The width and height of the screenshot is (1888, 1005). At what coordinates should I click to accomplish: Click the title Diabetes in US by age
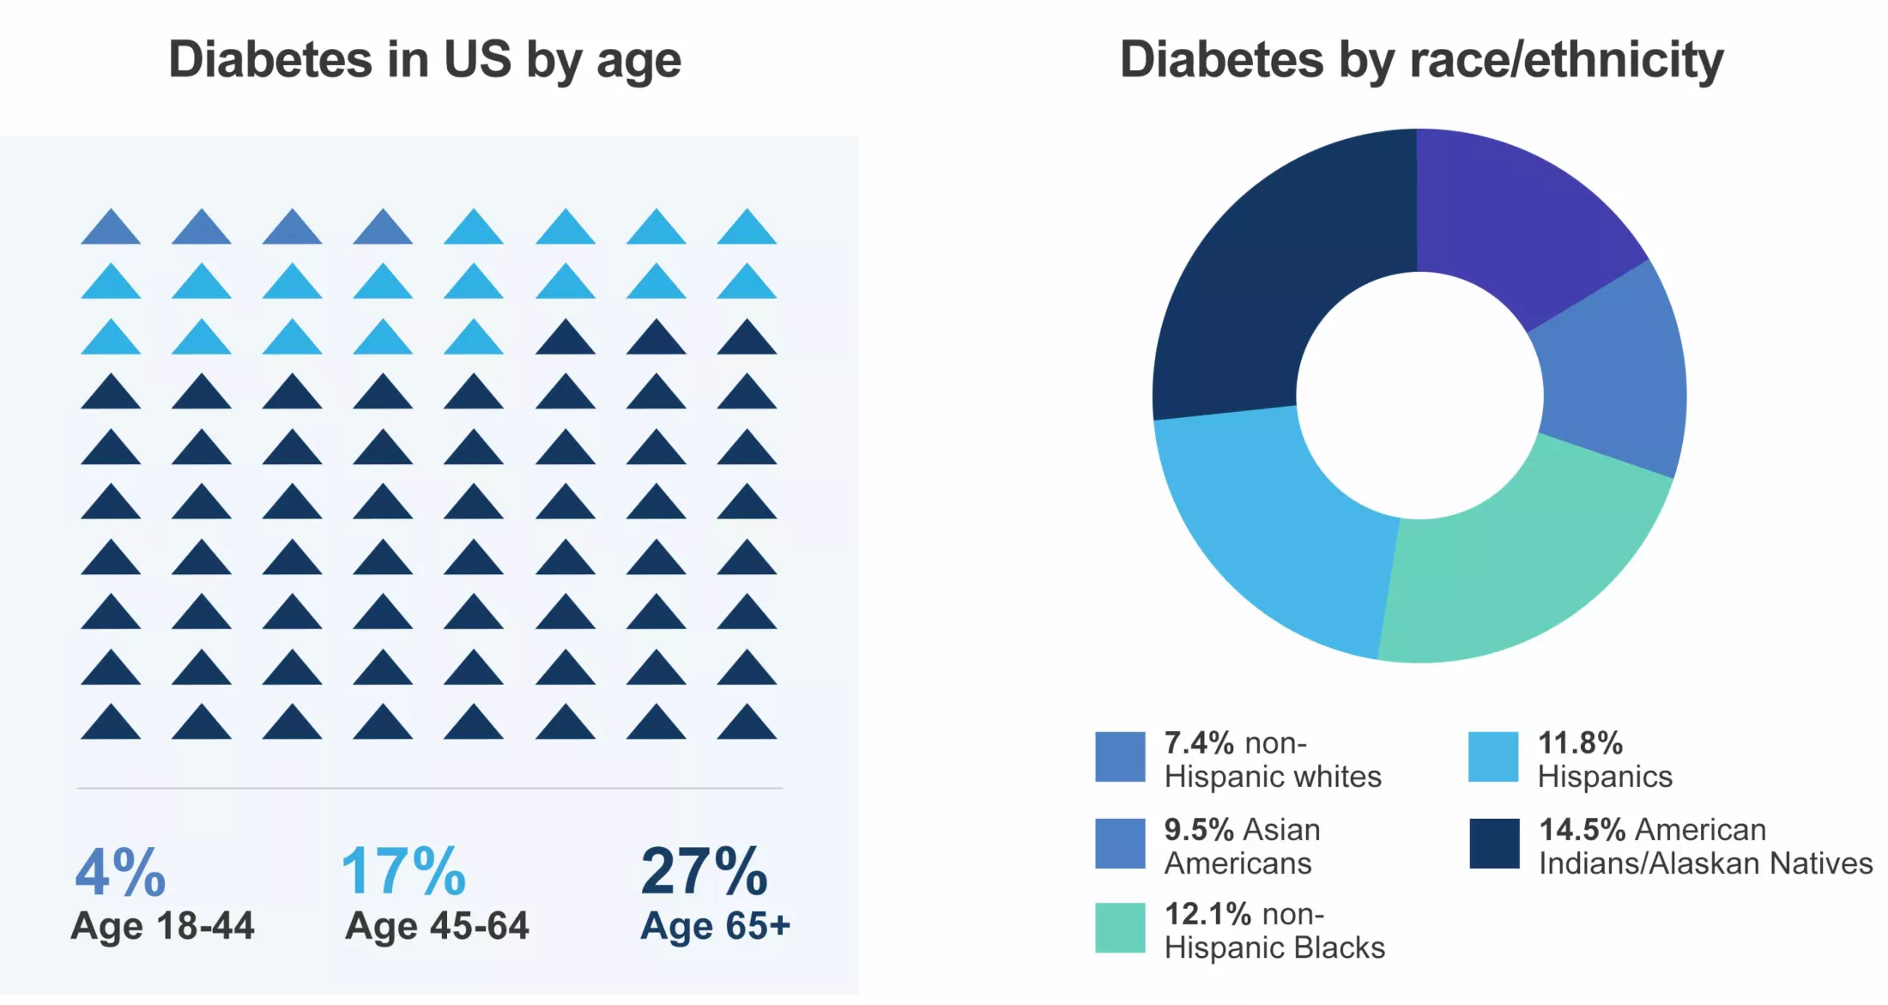pyautogui.click(x=425, y=60)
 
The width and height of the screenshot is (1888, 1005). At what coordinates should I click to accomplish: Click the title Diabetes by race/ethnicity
pyautogui.click(x=1421, y=60)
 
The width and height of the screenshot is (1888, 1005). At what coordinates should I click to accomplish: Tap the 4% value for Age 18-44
pyautogui.click(x=120, y=871)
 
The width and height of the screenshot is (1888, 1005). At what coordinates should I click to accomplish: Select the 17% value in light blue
pyautogui.click(x=403, y=871)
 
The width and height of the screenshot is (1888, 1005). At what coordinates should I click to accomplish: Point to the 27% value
pyautogui.click(x=704, y=871)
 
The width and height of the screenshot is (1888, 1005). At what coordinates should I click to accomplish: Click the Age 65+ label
pyautogui.click(x=715, y=926)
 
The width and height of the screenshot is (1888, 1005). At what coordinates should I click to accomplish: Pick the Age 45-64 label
pyautogui.click(x=437, y=926)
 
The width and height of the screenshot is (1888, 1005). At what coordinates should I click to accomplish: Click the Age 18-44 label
pyautogui.click(x=162, y=926)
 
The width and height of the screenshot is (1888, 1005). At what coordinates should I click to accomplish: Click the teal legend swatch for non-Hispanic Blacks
pyautogui.click(x=1120, y=928)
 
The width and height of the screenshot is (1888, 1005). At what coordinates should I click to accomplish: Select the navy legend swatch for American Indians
pyautogui.click(x=1494, y=844)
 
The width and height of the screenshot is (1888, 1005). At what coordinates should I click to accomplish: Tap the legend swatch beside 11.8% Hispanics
pyautogui.click(x=1493, y=757)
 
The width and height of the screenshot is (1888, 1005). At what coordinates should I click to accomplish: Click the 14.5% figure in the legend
pyautogui.click(x=1582, y=830)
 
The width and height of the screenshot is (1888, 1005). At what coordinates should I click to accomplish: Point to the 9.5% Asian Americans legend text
pyautogui.click(x=1241, y=846)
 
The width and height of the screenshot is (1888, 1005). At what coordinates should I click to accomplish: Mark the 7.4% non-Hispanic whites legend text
pyautogui.click(x=1272, y=760)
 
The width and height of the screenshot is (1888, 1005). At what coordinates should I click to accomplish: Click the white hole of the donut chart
pyautogui.click(x=1419, y=396)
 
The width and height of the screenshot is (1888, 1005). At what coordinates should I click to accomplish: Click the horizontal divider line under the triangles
pyautogui.click(x=429, y=788)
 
